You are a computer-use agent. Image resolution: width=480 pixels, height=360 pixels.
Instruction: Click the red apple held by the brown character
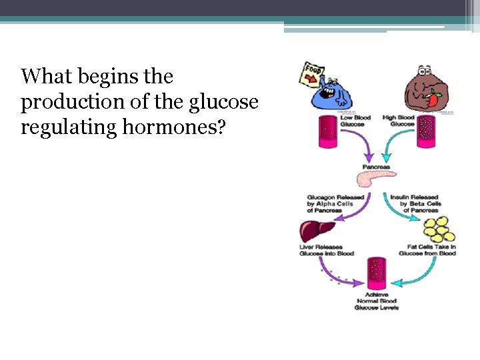tap(434, 100)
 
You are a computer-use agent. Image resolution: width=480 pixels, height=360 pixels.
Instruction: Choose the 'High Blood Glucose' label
tap(398, 121)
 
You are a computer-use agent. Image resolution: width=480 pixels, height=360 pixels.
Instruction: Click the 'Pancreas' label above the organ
tap(376, 166)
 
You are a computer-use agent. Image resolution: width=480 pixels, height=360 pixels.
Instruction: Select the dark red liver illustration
tap(317, 231)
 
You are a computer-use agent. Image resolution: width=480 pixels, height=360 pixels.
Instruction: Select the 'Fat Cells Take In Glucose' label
tap(427, 250)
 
